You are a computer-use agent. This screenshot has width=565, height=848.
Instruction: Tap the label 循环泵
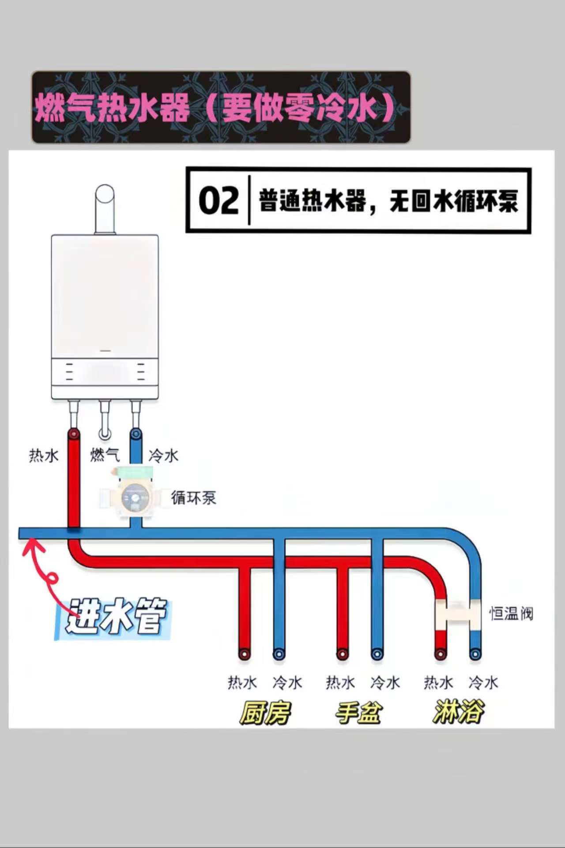[194, 497]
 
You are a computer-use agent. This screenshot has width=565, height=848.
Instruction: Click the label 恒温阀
[512, 613]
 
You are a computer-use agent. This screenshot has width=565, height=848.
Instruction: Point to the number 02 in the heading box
[219, 201]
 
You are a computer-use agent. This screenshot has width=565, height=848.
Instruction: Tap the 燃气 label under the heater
[105, 455]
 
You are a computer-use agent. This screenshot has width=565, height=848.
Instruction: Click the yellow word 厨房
[265, 712]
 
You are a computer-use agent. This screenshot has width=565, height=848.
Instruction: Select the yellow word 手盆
[358, 712]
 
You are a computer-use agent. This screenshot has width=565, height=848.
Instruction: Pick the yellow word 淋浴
[459, 712]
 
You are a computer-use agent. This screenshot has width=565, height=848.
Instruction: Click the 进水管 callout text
[116, 616]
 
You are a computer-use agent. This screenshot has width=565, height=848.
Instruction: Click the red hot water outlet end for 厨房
[244, 654]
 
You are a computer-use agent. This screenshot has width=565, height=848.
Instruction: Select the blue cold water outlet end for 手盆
[377, 654]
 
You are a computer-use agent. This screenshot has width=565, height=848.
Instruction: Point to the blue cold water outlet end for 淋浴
[475, 654]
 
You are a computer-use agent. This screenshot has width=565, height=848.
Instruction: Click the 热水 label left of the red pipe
[44, 455]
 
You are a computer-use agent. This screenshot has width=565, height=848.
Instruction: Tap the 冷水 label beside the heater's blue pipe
[163, 455]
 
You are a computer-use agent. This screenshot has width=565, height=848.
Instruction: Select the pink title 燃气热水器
[112, 108]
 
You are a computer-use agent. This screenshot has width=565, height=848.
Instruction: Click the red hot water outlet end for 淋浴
[440, 654]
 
